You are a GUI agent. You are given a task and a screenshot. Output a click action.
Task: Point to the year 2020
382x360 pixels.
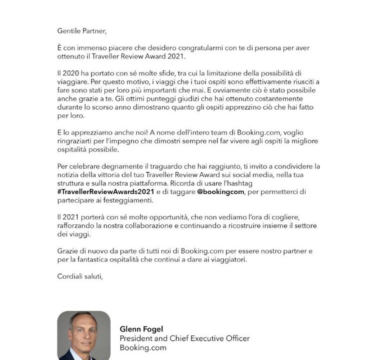tap(71, 73)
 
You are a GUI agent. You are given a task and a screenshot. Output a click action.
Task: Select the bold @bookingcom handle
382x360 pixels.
tap(220, 191)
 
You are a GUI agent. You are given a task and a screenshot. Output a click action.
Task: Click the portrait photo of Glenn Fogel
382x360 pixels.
tap(83, 335)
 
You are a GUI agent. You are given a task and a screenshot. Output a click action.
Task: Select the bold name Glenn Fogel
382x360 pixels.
tap(141, 329)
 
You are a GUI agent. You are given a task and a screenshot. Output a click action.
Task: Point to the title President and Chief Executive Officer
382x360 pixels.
tap(184, 338)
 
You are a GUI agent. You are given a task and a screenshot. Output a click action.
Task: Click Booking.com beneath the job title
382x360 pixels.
tap(143, 348)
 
